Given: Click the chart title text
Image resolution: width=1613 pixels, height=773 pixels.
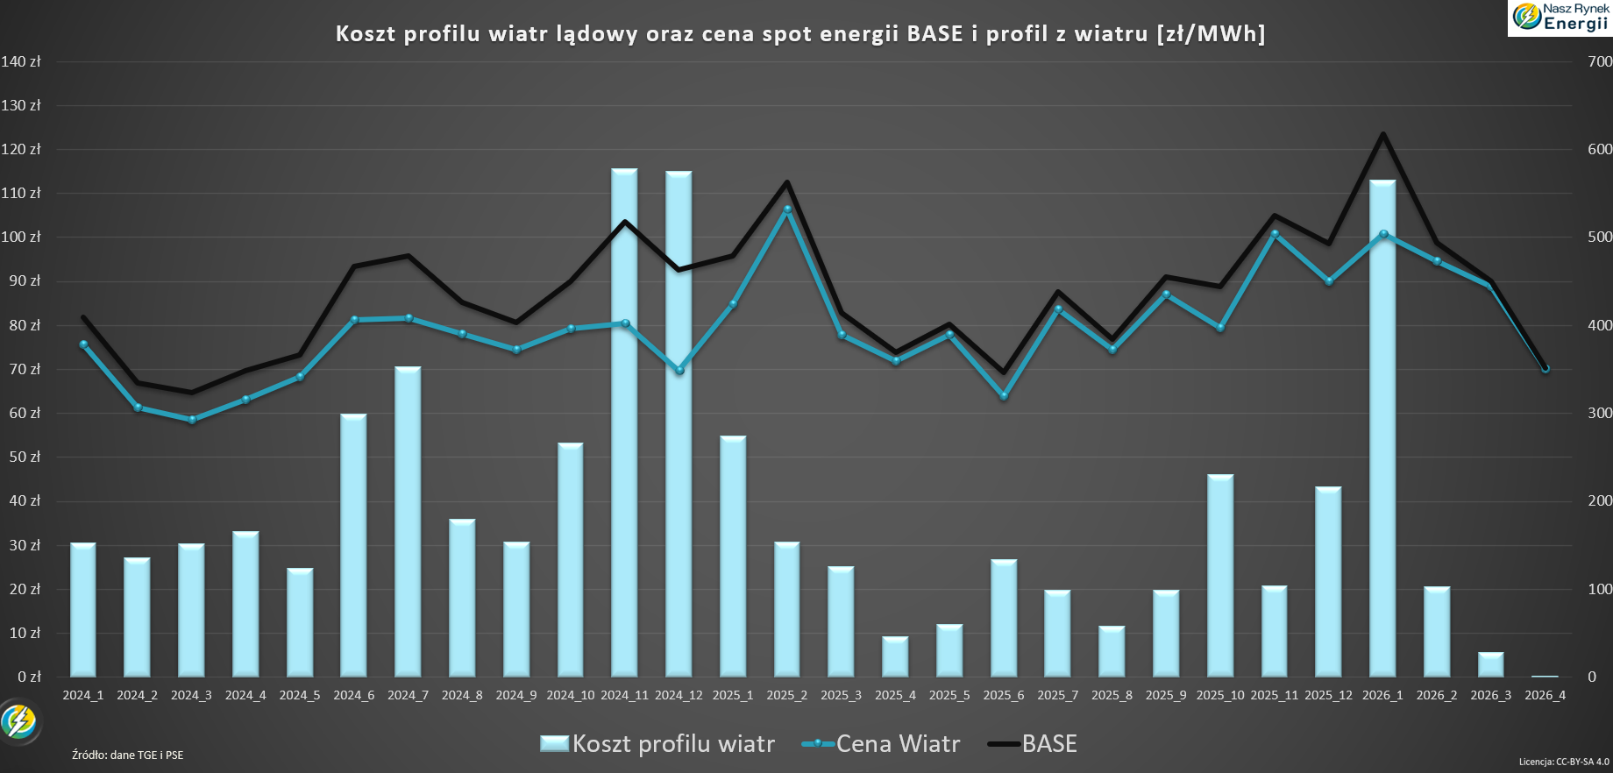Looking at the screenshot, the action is pyautogui.click(x=800, y=34).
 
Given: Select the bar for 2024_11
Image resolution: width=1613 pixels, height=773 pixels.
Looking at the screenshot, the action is pyautogui.click(x=624, y=422).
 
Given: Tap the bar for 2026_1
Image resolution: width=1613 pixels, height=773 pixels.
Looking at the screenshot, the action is pyautogui.click(x=1382, y=429).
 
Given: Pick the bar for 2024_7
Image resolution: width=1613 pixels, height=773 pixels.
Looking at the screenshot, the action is pyautogui.click(x=408, y=521).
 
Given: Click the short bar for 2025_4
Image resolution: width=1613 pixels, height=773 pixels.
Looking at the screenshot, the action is pyautogui.click(x=895, y=656).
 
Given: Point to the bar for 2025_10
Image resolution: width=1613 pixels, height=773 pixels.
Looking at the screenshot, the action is pyautogui.click(x=1220, y=576).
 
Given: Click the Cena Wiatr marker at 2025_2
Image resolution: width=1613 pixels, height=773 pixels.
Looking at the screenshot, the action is pyautogui.click(x=787, y=209).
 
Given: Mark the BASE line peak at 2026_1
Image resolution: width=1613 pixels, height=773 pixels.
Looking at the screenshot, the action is pyautogui.click(x=1383, y=134).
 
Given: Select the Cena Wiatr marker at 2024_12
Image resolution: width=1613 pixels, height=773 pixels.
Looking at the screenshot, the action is pyautogui.click(x=679, y=371).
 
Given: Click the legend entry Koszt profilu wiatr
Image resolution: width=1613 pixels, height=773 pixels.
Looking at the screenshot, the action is pyautogui.click(x=657, y=744).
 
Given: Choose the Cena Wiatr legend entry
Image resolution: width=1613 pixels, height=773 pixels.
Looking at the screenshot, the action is pyautogui.click(x=881, y=744).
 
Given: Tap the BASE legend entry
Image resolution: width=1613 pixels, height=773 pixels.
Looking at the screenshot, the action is pyautogui.click(x=1033, y=744).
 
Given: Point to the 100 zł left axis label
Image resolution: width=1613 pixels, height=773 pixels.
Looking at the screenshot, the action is pyautogui.click(x=21, y=237).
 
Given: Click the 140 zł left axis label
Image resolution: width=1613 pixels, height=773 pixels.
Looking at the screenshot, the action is pyautogui.click(x=21, y=61).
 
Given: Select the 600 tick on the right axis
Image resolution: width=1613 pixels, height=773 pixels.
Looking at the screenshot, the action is pyautogui.click(x=1600, y=149).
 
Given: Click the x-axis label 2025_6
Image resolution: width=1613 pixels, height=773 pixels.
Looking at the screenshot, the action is pyautogui.click(x=1004, y=695).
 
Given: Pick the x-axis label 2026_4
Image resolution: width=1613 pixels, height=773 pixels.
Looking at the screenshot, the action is pyautogui.click(x=1545, y=695).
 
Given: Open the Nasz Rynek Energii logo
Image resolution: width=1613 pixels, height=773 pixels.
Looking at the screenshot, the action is pyautogui.click(x=1560, y=18).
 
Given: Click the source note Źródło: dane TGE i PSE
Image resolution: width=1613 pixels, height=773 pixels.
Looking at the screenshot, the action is pyautogui.click(x=128, y=755).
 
